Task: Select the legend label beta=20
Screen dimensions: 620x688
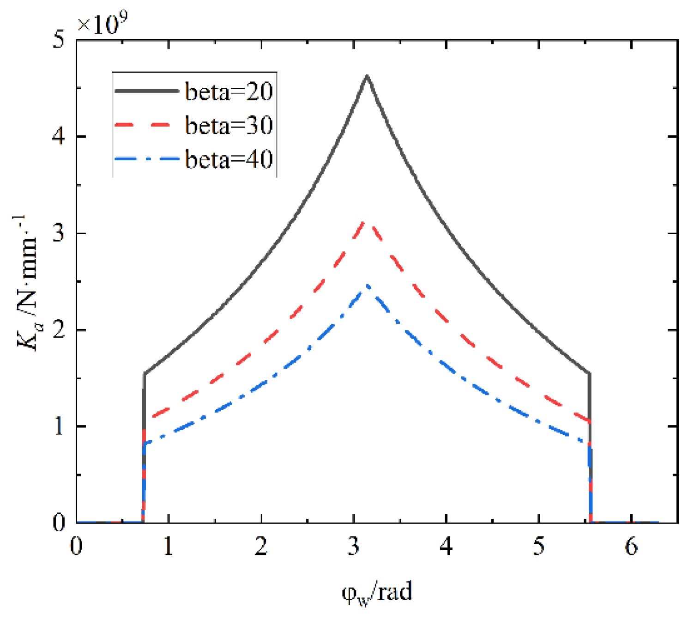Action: coord(229,91)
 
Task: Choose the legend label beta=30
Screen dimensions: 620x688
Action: coord(229,125)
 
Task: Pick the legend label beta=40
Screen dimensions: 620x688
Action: coord(229,159)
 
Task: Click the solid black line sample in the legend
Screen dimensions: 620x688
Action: coord(146,91)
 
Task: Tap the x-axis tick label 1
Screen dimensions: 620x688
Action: coord(169,547)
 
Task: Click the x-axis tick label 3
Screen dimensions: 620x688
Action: coord(354,547)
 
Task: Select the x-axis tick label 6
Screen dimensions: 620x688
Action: coord(631,547)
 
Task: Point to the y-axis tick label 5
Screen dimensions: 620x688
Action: coord(59,40)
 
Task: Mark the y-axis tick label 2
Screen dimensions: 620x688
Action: coord(59,330)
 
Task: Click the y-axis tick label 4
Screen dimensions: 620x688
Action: coord(59,137)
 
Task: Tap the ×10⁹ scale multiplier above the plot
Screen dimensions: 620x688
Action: coord(103,23)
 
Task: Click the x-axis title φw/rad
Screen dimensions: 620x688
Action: coord(377,592)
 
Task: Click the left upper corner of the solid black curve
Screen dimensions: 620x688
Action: coord(145,373)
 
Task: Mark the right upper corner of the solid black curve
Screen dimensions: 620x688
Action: coord(589,373)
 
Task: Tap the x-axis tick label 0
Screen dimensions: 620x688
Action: coord(77,547)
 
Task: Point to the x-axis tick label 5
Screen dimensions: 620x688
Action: coord(538,547)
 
